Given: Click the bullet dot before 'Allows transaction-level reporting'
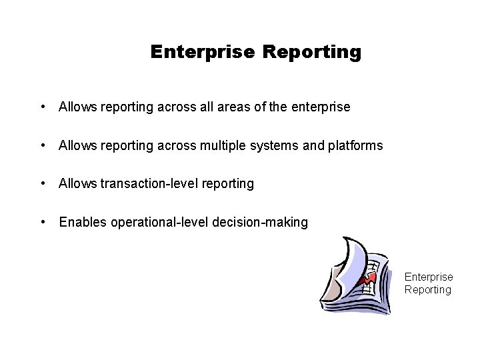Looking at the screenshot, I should point(43,183).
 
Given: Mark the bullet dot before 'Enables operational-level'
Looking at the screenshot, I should point(43,222).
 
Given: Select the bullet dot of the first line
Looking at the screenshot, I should point(43,107).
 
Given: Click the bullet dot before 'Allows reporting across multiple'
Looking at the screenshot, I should point(43,145).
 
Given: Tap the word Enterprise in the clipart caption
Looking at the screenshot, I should point(429,277).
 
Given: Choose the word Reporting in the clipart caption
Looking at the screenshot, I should point(428,289).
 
